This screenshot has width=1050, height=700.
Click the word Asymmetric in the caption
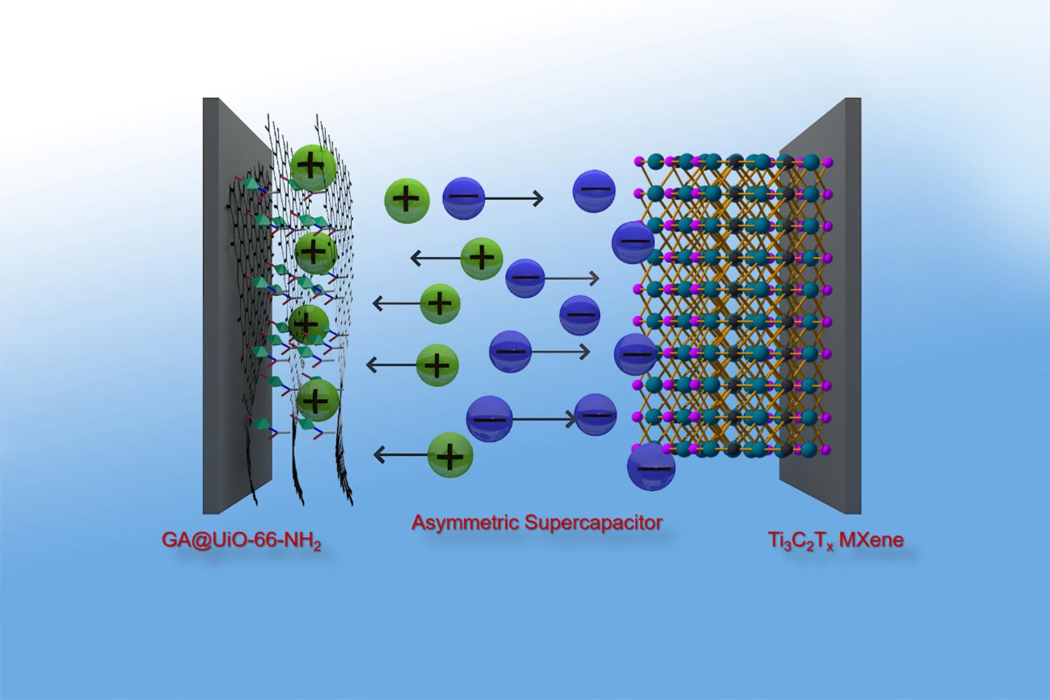pyautogui.click(x=465, y=522)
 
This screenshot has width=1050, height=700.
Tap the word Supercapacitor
pyautogui.click(x=593, y=522)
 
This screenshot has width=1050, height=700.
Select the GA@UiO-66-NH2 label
pyautogui.click(x=241, y=540)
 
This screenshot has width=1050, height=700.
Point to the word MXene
pyautogui.click(x=871, y=540)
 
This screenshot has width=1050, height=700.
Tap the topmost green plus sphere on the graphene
pyautogui.click(x=311, y=167)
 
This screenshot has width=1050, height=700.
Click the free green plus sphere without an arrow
pyautogui.click(x=407, y=199)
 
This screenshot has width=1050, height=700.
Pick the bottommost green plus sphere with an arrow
pyautogui.click(x=450, y=455)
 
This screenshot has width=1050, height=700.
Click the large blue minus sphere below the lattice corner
pyautogui.click(x=651, y=466)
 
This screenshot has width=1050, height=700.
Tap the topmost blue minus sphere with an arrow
pyautogui.click(x=463, y=198)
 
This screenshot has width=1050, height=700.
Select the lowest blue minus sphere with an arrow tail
pyautogui.click(x=489, y=419)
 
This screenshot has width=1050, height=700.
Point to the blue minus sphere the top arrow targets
pyautogui.click(x=594, y=190)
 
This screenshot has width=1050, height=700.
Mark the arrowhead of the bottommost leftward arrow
pyautogui.click(x=379, y=455)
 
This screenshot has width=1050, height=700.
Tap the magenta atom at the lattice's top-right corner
pyautogui.click(x=828, y=162)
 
